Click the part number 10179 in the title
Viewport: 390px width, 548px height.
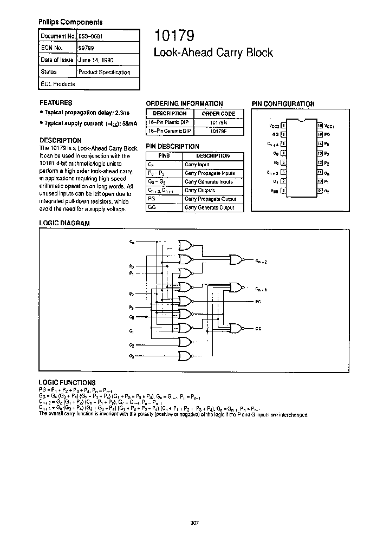171,36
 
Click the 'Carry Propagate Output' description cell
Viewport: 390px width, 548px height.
210,199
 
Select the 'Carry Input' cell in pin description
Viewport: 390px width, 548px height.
197,164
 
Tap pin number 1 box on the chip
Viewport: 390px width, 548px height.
282,126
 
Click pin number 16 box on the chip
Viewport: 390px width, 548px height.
320,126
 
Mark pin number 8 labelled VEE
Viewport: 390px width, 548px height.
282,190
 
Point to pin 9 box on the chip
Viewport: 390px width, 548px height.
320,190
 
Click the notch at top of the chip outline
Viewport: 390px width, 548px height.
301,119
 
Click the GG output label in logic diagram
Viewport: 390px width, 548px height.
259,328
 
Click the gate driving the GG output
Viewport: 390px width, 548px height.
237,328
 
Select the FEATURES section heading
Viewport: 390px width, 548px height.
56,102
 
